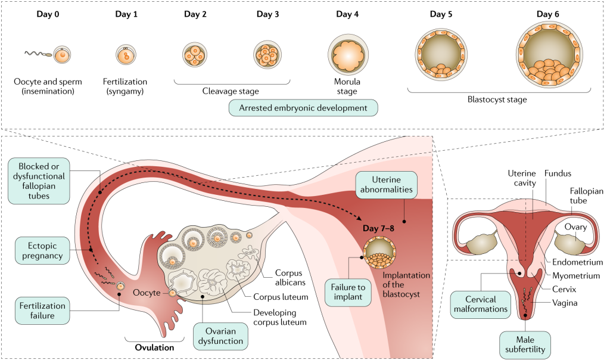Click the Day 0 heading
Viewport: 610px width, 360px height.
coord(44,14)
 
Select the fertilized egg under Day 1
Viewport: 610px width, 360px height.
coord(127,55)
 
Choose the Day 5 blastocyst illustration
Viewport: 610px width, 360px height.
coord(441,55)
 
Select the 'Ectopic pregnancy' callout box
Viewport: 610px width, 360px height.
coord(41,249)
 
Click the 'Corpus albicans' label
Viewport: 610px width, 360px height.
coord(291,278)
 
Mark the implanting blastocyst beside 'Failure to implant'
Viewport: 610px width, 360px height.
coord(379,252)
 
